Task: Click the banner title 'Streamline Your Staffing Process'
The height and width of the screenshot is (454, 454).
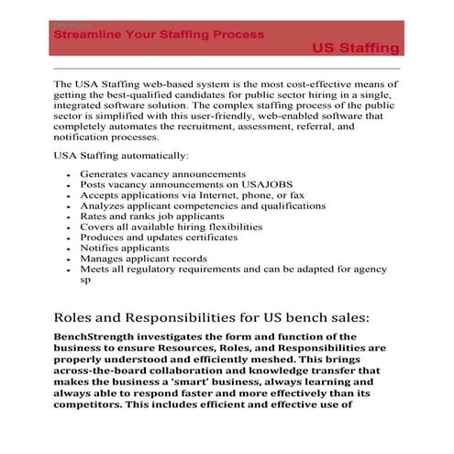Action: pos(160,34)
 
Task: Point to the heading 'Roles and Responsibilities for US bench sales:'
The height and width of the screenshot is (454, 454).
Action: pos(212,317)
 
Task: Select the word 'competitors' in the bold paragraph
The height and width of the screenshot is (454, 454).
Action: pos(93,404)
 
